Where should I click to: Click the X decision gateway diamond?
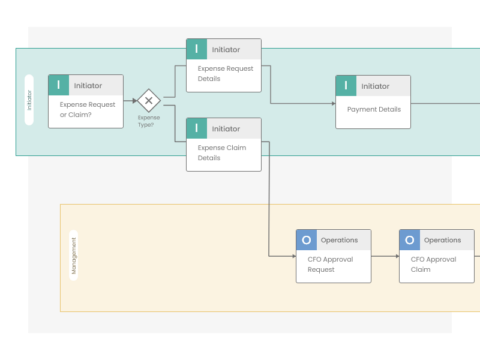click(148, 101)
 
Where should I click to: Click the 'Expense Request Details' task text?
click(224, 75)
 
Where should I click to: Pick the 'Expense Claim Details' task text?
click(224, 153)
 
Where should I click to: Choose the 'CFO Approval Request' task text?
click(333, 264)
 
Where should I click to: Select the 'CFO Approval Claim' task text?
click(437, 264)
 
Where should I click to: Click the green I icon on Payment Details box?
click(346, 87)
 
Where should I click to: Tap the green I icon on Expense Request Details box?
click(197, 49)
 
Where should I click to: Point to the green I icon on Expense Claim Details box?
click(197, 128)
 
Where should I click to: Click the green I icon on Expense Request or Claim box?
click(59, 86)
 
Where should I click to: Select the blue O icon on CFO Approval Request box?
click(307, 240)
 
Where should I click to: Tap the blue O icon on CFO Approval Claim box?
click(411, 240)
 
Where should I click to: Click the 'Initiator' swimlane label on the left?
click(28, 102)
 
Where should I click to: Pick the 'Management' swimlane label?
click(73, 256)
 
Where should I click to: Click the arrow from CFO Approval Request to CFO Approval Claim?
click(385, 256)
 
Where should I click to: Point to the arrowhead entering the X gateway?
click(134, 101)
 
